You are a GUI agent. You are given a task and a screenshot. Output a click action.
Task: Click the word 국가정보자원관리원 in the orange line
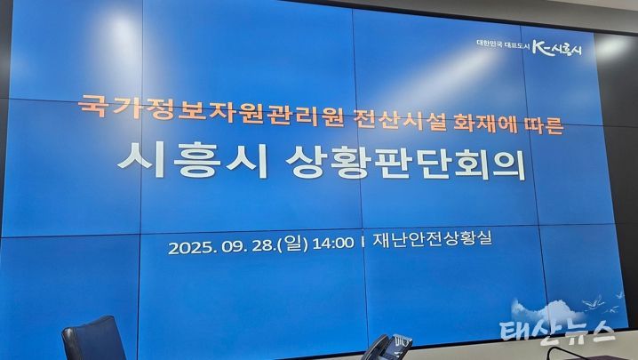(211, 110)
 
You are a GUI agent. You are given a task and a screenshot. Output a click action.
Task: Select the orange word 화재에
(484, 122)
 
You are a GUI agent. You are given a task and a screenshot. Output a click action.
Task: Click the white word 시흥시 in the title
(192, 160)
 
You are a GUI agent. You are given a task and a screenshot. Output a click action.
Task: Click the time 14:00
(333, 244)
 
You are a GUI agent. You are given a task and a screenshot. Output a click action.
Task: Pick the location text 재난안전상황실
(432, 238)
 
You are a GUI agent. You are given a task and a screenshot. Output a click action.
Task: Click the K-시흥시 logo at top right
(557, 48)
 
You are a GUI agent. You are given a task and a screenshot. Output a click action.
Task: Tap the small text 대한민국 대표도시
(503, 45)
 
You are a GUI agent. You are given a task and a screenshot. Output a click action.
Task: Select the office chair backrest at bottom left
(94, 338)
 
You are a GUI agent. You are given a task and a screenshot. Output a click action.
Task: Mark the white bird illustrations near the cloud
(603, 301)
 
